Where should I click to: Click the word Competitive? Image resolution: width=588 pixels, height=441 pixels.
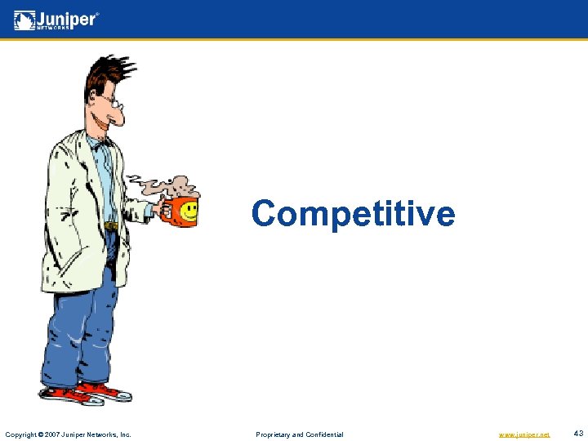click(353, 214)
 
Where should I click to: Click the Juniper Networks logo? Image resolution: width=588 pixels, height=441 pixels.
click(56, 20)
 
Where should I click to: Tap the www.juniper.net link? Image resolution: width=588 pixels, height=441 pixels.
click(523, 434)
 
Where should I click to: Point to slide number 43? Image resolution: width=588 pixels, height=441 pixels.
click(579, 434)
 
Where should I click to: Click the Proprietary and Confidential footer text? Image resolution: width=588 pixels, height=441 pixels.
click(300, 434)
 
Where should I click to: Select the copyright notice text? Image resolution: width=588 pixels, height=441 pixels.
click(69, 434)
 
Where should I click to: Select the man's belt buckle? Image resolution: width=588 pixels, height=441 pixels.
click(110, 225)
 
